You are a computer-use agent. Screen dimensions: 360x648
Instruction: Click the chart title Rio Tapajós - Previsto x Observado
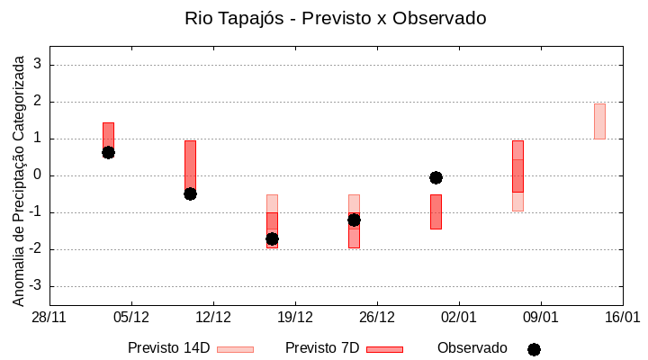[x=323, y=18]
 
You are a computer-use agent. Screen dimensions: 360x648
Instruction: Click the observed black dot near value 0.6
[x=108, y=152]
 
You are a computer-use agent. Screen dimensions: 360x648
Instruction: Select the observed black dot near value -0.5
[x=190, y=193]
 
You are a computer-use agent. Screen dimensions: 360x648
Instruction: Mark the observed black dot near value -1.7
[x=272, y=238]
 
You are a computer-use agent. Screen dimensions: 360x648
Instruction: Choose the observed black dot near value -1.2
[x=354, y=220]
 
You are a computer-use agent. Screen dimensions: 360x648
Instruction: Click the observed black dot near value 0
[x=436, y=177]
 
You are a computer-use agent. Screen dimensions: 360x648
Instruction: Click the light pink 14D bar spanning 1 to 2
[x=599, y=121]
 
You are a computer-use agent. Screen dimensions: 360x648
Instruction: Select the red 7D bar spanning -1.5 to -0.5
[x=436, y=211]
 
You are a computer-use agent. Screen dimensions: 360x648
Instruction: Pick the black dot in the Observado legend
[x=534, y=349]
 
